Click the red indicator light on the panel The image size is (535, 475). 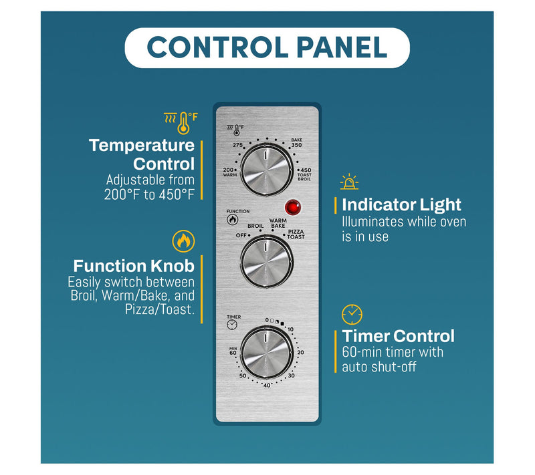tap(293, 208)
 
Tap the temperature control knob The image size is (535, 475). tap(266, 169)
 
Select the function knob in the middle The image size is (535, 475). tap(266, 262)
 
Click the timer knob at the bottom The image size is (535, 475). tap(266, 353)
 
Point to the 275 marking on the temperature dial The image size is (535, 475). tap(238, 145)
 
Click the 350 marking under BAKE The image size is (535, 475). tap(296, 145)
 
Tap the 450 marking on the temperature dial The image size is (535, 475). tap(306, 170)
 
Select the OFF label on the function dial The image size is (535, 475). tap(241, 235)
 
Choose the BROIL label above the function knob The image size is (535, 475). tap(255, 226)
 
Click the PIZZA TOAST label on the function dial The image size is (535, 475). tap(296, 234)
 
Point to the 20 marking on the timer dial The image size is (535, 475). tap(300, 352)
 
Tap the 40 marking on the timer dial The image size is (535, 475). tap(267, 385)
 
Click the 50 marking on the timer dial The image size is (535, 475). tap(243, 376)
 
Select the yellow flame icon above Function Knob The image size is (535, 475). tap(183, 241)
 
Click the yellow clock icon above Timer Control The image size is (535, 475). tap(352, 315)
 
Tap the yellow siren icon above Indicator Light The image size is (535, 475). tap(349, 182)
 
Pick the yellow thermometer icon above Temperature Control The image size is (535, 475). tap(181, 123)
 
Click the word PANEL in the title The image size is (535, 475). tap(342, 47)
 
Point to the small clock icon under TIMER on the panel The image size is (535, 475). tap(232, 325)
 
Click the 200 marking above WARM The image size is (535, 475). tap(228, 170)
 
